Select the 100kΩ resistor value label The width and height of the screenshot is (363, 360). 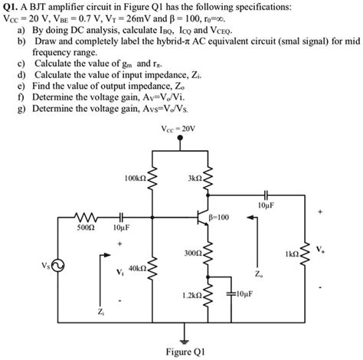click(x=129, y=178)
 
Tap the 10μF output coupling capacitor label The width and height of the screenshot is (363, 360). click(x=267, y=205)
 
